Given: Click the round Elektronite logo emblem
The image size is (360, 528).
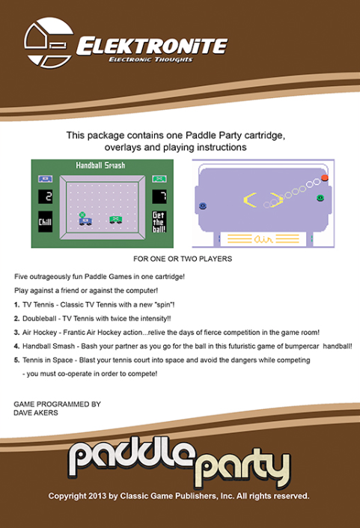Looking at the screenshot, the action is [49, 43].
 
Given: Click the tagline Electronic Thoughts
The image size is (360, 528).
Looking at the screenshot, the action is [150, 60].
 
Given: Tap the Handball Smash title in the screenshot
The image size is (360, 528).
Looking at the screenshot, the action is [100, 165].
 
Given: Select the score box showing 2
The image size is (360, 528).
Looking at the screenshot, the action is [45, 196].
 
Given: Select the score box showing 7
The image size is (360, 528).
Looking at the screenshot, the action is [159, 196].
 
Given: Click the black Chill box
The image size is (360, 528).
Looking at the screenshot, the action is [45, 221].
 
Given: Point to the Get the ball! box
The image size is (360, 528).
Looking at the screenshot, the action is [159, 221].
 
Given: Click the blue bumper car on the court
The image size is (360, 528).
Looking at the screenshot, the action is [85, 221].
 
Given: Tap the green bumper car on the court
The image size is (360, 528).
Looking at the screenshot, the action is [115, 220].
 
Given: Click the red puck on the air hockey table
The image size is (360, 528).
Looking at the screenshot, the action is [325, 178].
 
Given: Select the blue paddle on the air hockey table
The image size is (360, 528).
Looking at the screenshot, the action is [203, 206].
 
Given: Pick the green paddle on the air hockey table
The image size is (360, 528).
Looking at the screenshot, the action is [320, 198].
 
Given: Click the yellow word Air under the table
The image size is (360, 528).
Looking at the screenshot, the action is [263, 239].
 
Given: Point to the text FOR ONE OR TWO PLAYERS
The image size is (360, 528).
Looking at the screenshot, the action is [183, 259].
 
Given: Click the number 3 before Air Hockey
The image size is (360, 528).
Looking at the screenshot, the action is [16, 333].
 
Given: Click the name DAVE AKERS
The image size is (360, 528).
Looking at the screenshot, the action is [36, 413].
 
